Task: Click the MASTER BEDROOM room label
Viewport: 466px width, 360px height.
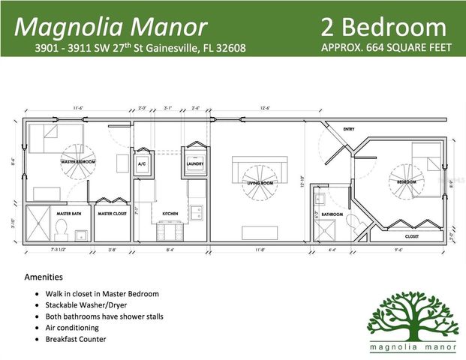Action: point(79,161)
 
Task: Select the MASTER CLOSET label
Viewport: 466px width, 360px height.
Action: point(112,214)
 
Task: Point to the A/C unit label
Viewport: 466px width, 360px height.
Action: point(142,163)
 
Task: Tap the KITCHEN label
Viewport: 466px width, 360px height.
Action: point(170,214)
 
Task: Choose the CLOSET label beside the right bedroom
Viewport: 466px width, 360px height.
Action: point(412,235)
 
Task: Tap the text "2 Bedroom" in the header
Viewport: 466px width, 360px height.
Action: point(383,27)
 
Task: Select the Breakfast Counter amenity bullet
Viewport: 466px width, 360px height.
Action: point(74,339)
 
